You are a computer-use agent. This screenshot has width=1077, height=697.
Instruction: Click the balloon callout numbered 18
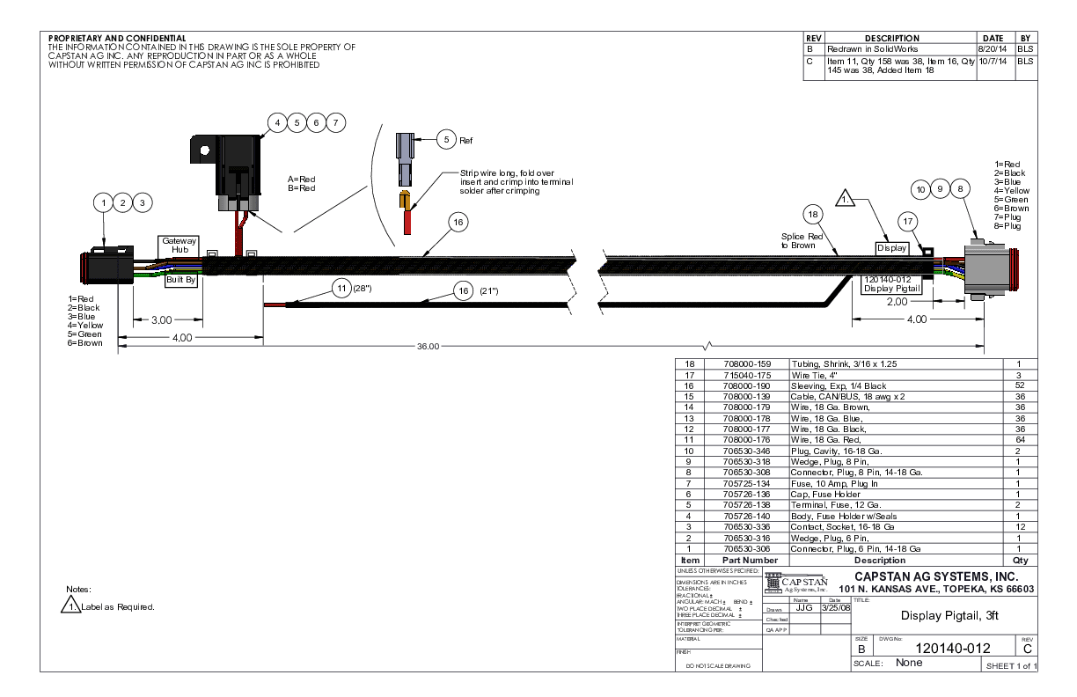click(813, 214)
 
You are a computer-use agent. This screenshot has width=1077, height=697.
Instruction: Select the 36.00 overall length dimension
click(428, 347)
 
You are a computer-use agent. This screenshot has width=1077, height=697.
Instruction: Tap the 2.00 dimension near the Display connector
click(897, 301)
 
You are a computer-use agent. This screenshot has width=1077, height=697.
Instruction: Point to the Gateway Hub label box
click(179, 245)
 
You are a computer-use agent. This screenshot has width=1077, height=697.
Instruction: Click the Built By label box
click(180, 281)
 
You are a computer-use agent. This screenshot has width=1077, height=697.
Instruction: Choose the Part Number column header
click(750, 561)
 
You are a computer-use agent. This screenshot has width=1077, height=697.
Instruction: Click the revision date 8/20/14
click(993, 49)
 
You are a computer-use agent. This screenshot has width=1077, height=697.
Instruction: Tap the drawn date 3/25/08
click(835, 607)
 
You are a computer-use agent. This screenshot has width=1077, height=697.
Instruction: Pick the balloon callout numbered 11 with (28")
click(341, 289)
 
